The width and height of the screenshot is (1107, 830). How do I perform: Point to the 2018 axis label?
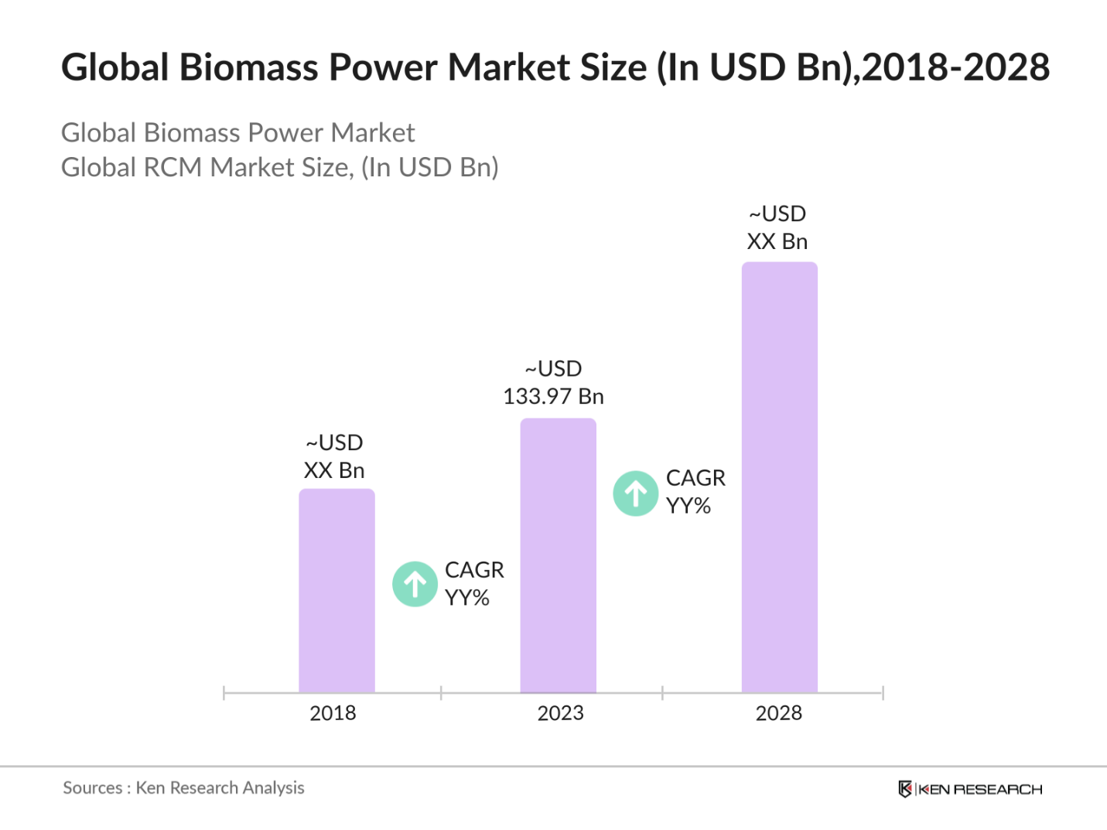tap(333, 713)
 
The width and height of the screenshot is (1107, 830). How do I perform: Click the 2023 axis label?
tap(560, 713)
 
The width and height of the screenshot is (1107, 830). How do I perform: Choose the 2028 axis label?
tap(778, 713)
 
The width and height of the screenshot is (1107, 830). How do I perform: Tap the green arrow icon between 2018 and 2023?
tap(415, 584)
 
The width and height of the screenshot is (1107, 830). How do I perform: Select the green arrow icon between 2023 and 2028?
tap(636, 494)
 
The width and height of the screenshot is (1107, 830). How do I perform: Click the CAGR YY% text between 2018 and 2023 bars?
tap(473, 584)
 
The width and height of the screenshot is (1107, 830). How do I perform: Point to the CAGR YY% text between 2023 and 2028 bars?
tap(695, 492)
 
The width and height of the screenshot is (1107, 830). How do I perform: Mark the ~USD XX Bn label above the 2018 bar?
tap(334, 456)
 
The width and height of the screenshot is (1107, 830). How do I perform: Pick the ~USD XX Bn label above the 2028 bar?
tap(777, 227)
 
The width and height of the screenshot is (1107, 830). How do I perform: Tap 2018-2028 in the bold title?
tap(956, 68)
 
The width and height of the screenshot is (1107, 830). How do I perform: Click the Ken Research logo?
tap(970, 789)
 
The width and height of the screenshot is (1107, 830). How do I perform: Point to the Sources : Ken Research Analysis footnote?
tap(183, 788)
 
